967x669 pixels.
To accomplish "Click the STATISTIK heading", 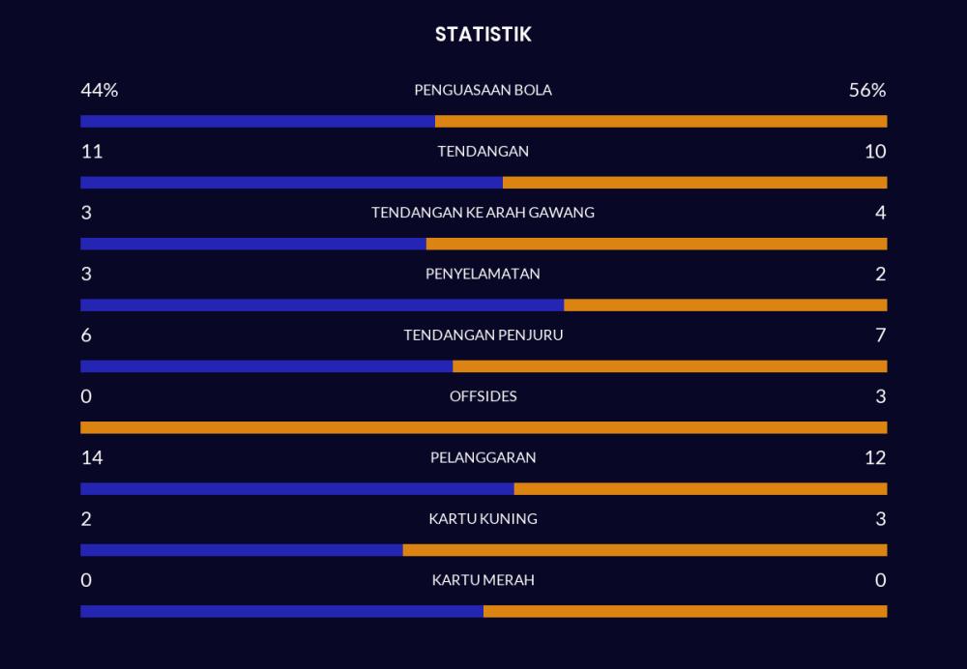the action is click(483, 34).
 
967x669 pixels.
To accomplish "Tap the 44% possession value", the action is click(100, 90).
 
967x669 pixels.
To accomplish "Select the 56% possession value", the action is click(867, 90).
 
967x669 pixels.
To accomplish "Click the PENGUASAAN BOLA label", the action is click(483, 90).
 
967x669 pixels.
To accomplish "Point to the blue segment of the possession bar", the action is click(258, 121).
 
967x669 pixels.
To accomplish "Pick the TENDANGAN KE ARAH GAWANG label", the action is click(483, 212).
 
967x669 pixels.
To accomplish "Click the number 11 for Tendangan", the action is click(92, 151).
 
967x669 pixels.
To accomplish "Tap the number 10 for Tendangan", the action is click(875, 151).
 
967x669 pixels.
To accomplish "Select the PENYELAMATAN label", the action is click(483, 274).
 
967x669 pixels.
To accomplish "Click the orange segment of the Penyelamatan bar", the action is click(725, 305).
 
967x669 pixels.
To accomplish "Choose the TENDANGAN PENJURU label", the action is click(483, 334).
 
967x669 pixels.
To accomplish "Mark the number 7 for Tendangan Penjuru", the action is click(881, 334).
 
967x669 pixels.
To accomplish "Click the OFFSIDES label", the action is click(483, 395).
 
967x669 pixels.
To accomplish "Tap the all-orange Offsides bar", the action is click(484, 427).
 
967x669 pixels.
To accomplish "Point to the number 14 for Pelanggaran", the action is click(92, 457).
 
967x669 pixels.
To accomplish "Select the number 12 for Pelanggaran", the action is click(875, 457).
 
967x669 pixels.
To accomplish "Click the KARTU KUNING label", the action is click(483, 518).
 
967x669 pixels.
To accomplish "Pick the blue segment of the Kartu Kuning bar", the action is click(242, 550).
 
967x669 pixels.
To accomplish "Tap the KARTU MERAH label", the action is click(483, 580).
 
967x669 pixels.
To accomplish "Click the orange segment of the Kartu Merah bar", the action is click(686, 611).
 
